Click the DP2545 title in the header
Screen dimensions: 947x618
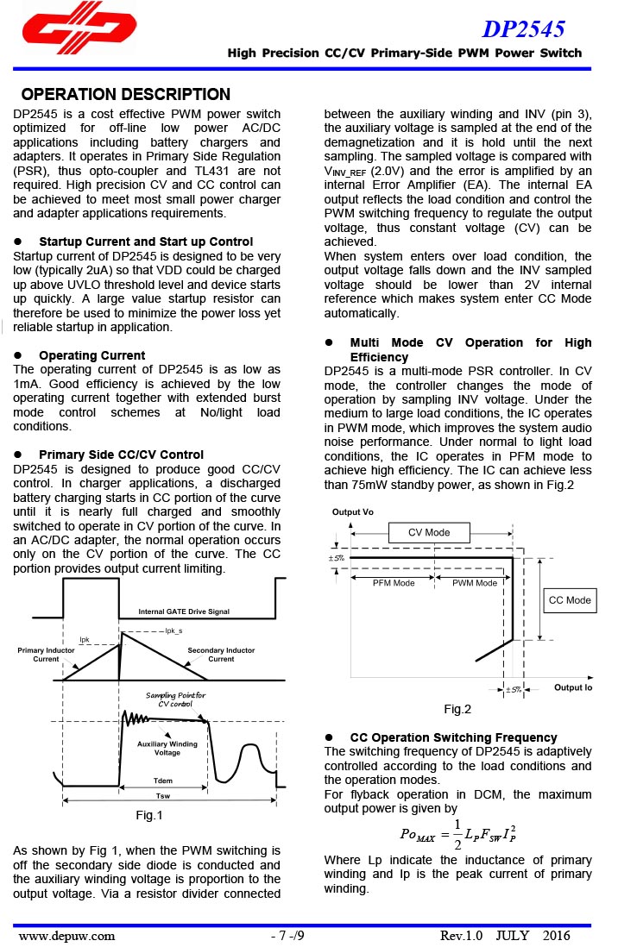523,29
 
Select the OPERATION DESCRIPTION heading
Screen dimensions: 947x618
125,95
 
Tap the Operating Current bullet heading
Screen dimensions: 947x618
91,355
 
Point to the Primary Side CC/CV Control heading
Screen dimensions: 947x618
121,455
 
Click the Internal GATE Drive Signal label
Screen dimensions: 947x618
184,611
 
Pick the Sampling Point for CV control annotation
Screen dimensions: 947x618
175,699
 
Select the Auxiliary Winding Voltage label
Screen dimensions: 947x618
167,748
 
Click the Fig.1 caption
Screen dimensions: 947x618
149,815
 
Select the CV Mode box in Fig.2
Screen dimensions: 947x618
429,532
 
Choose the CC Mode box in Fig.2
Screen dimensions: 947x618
570,600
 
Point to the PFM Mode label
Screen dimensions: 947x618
394,583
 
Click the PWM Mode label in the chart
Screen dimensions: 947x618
475,583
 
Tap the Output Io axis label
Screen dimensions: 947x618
573,687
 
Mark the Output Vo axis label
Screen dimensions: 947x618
353,512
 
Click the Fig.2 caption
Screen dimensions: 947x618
457,709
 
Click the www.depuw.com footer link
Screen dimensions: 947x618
66,935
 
